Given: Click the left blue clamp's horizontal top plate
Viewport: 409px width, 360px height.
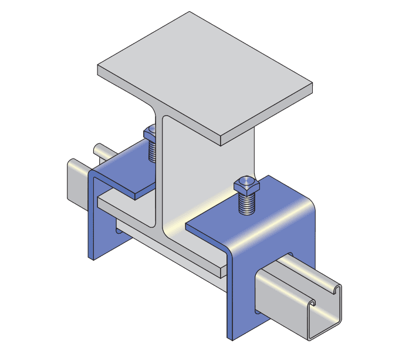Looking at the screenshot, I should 126,176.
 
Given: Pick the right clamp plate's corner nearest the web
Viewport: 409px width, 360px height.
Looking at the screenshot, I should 189,226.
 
